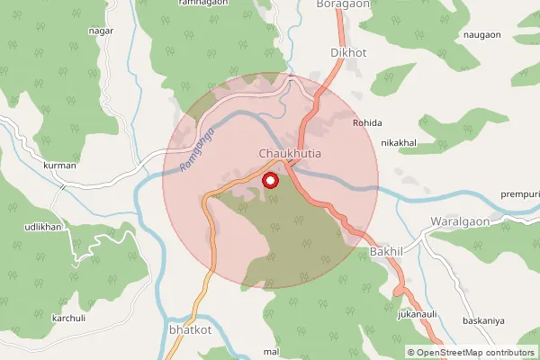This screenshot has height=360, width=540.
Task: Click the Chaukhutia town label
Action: [290, 154]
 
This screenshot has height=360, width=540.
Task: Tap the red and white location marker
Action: [269, 180]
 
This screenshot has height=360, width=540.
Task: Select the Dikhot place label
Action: [349, 53]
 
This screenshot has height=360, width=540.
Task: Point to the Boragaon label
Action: [344, 4]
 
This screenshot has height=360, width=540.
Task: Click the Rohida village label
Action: [367, 122]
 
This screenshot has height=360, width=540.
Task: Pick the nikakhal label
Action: [400, 142]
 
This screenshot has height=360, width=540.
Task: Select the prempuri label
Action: [519, 193]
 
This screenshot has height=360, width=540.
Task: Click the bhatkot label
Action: [189, 331]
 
